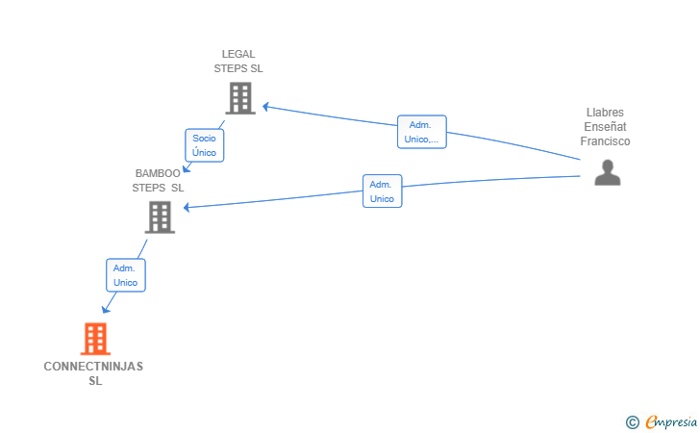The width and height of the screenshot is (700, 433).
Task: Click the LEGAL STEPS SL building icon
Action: pos(239,97)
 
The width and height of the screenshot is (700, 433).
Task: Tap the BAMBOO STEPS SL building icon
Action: pos(159,216)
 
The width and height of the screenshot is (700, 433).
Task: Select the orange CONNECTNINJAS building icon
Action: pos(94,339)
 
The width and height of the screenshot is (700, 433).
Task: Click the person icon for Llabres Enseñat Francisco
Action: pos(607,172)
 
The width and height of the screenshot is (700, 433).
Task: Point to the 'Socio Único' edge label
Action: pos(204,144)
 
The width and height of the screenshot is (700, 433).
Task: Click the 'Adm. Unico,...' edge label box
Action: pos(421,132)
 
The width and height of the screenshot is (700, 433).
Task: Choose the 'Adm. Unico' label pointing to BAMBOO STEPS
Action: pos(382,191)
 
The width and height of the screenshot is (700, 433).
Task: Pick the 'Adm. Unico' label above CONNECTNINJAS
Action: pos(125,275)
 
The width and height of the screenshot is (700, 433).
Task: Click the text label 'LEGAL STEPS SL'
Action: pos(238,62)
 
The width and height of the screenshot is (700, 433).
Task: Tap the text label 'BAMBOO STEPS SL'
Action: pos(158,181)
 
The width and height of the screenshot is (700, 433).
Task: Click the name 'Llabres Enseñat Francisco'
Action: pos(605,127)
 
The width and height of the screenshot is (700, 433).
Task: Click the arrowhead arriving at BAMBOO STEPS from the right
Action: pos(187,208)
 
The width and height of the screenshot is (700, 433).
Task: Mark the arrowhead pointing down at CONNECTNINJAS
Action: pos(106,309)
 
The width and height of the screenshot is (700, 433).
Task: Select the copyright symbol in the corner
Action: pos(632,421)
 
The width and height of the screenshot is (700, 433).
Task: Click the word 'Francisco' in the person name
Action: pos(605,141)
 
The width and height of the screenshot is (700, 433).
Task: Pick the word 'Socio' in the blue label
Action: pos(204,138)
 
